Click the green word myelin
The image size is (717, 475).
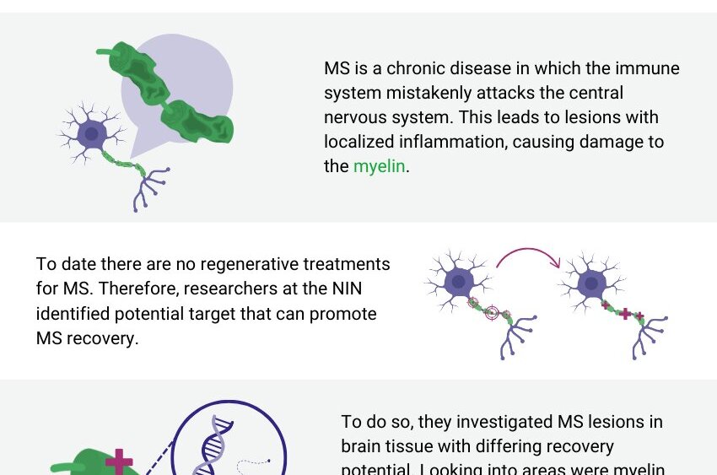[379, 166]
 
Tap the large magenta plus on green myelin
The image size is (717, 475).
[119, 462]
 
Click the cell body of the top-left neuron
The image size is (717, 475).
[91, 134]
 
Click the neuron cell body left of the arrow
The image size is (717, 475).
[459, 282]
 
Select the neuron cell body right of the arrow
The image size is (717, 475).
[592, 282]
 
